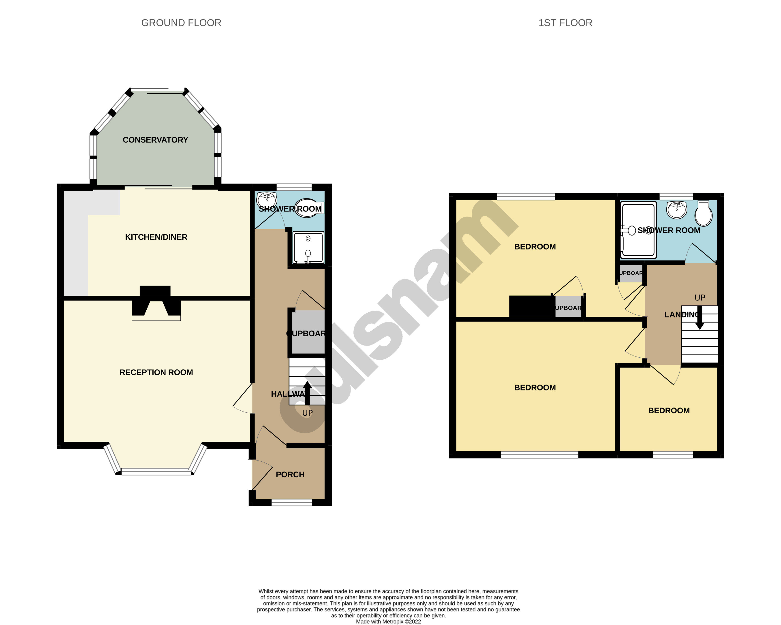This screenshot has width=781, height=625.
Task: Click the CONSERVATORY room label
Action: [x=155, y=140]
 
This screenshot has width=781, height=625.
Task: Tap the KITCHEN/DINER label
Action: [x=156, y=237]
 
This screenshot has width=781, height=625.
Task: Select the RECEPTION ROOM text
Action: [x=156, y=372]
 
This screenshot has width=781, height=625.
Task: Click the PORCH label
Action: [x=290, y=474]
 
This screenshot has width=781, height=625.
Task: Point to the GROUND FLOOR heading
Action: [x=181, y=23]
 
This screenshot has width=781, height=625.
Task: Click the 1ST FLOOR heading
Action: [x=565, y=23]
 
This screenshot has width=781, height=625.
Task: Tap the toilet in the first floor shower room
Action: [x=703, y=214]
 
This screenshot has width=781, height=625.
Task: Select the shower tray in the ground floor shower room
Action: [x=308, y=248]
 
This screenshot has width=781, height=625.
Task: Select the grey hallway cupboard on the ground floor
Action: [x=308, y=331]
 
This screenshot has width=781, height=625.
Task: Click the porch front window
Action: [x=292, y=502]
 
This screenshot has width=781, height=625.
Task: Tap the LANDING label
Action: [x=681, y=315]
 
